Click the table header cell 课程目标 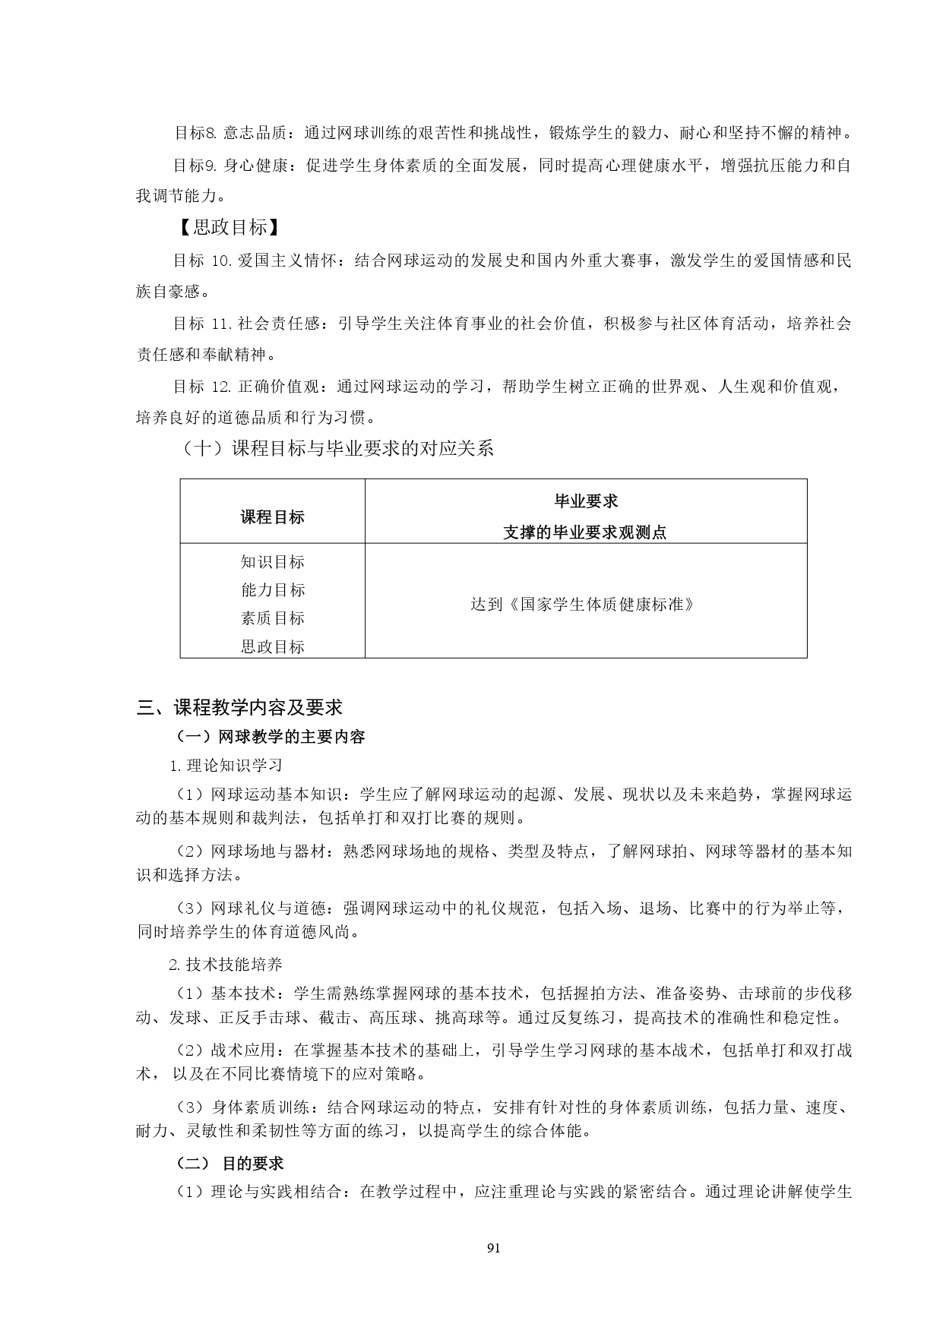coord(272,517)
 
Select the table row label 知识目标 coord(272,562)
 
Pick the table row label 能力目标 coord(272,590)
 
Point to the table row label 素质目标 coord(272,618)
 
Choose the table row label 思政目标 coord(272,647)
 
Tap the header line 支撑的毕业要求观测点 coord(585,532)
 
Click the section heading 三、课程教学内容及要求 coord(239,708)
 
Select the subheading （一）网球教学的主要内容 coord(270,737)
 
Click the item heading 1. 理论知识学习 coord(226,765)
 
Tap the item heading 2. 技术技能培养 coord(226,965)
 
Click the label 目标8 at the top coord(195,134)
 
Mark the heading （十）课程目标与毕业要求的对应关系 coord(337,448)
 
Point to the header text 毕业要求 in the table coord(585,501)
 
